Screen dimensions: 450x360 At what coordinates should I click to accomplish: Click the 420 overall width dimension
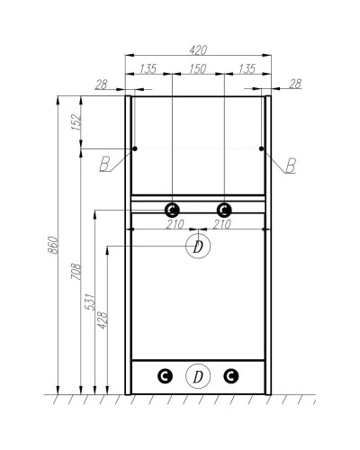click(197, 49)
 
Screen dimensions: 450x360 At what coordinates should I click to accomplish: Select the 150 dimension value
click(197, 67)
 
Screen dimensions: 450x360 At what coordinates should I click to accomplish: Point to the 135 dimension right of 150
click(247, 67)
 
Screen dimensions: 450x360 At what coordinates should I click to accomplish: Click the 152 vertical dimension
click(76, 119)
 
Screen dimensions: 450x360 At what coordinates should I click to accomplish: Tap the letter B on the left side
click(105, 165)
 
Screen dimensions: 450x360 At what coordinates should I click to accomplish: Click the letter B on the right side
click(290, 165)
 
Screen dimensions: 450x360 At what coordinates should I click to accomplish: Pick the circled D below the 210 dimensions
click(197, 246)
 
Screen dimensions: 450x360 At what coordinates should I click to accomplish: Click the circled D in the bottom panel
click(197, 376)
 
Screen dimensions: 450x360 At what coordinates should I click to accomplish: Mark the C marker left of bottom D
click(165, 376)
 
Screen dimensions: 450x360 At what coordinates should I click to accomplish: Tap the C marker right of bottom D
click(231, 376)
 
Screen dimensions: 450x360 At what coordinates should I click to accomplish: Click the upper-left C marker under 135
click(171, 209)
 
